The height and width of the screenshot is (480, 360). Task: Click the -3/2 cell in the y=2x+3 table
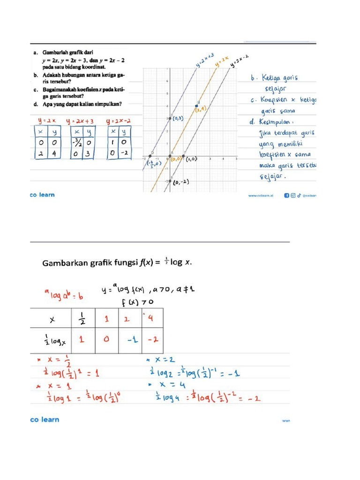[75, 142]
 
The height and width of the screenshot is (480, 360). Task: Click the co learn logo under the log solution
[45, 420]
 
